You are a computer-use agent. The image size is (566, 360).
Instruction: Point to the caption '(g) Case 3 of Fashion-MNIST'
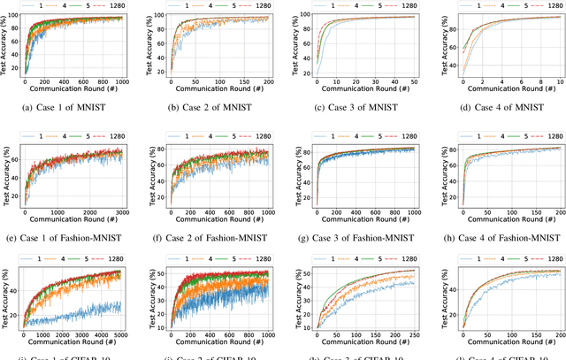[355, 237]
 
